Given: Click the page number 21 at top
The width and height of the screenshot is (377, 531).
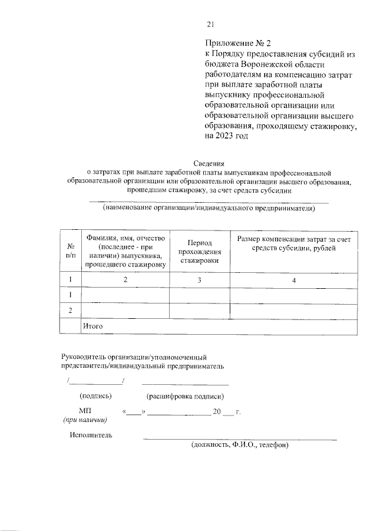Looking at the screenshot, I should [x=211, y=24].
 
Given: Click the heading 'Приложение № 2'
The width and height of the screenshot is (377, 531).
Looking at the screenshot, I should [x=234, y=44].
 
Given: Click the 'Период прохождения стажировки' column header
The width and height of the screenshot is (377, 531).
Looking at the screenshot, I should [x=200, y=251].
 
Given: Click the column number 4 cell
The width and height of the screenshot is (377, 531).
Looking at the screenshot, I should [x=293, y=280].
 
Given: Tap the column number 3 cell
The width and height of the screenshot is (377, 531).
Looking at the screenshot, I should [x=200, y=280].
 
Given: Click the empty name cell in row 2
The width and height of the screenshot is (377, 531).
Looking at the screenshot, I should [x=125, y=310].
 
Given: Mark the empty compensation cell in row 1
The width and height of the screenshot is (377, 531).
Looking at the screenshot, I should [x=293, y=295].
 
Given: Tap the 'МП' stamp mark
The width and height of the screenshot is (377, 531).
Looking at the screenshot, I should [x=85, y=411].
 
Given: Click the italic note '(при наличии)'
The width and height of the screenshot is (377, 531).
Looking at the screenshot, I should [x=85, y=420].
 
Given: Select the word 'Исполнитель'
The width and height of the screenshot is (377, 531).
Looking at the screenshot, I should [x=91, y=436].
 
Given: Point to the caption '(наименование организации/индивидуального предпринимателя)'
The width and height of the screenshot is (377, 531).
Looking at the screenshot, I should [x=209, y=208].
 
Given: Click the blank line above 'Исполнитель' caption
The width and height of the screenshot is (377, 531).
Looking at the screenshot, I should [x=240, y=438].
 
